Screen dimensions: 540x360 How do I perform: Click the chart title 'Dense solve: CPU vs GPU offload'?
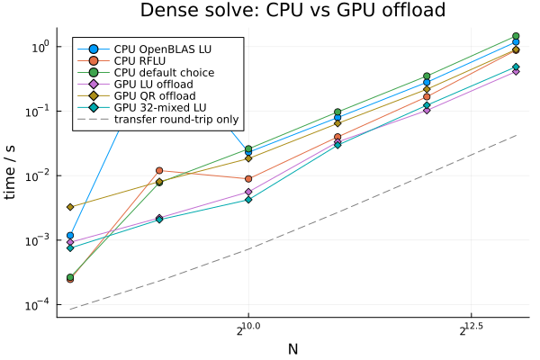point(292,10)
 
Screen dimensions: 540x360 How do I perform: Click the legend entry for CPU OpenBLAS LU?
point(163,49)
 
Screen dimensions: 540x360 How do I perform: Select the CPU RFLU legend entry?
point(139,60)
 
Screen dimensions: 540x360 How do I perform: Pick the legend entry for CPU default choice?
point(164,72)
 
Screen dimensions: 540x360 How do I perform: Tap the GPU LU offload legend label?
point(154,84)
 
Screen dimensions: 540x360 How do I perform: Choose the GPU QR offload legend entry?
point(155,95)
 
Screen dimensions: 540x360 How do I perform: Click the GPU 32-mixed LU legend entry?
point(160,107)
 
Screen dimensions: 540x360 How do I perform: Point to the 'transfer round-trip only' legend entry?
point(176,119)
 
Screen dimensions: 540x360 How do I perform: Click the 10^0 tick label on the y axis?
point(41,47)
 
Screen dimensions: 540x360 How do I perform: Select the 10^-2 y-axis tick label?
point(39,175)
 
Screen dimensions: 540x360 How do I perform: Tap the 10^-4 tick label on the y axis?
point(39,305)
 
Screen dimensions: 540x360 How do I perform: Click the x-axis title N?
point(292,349)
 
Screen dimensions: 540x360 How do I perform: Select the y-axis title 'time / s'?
point(10,172)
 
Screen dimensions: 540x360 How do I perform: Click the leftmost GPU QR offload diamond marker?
point(70,207)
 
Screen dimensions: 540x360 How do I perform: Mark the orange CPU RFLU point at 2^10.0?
point(248,179)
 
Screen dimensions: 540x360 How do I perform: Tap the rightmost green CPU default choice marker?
point(516,36)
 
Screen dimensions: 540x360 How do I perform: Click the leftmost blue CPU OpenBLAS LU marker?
point(70,236)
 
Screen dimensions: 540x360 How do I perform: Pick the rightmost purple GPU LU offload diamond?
point(516,71)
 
